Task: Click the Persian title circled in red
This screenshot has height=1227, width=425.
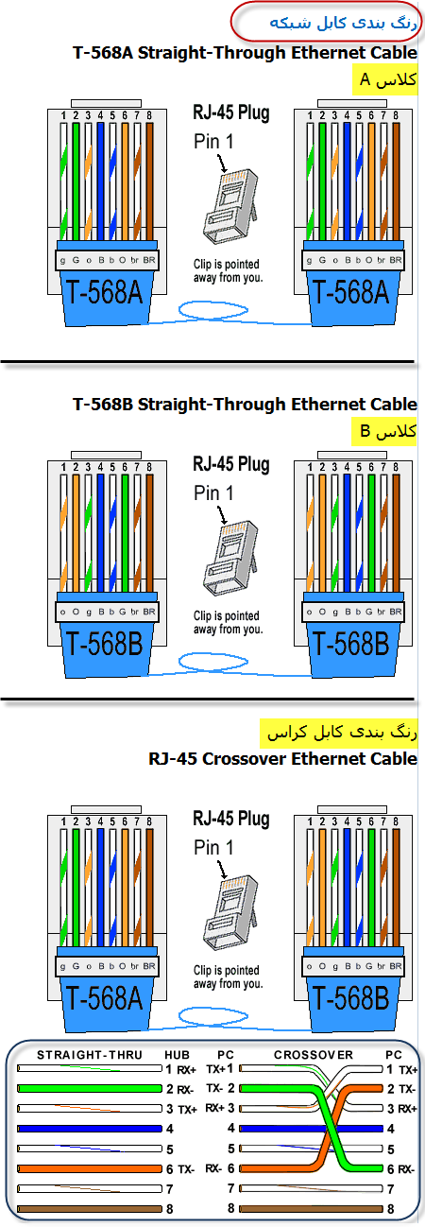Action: (x=343, y=23)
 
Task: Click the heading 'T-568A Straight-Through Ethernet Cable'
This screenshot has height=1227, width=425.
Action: (x=245, y=53)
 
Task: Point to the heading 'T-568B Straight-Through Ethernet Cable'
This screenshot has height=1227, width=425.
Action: (x=245, y=405)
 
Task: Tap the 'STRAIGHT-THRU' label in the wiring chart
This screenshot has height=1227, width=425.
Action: (x=90, y=1055)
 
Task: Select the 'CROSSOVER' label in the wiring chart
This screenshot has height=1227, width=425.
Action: (x=314, y=1055)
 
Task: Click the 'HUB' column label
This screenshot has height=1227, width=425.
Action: (x=178, y=1055)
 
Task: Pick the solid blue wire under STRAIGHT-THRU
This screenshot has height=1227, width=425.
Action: (x=90, y=1129)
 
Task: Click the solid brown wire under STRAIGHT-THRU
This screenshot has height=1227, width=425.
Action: (x=90, y=1208)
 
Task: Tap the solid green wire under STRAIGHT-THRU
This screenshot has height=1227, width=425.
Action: (x=90, y=1088)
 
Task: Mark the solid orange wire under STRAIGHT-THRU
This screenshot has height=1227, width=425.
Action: (x=90, y=1168)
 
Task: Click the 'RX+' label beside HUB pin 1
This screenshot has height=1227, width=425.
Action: (x=186, y=1070)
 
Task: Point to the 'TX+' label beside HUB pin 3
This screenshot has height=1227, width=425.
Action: (x=187, y=1109)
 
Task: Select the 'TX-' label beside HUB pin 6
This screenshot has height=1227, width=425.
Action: (x=186, y=1169)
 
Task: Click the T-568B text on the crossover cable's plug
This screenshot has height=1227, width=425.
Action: (x=350, y=997)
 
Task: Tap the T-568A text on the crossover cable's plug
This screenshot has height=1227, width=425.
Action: (x=104, y=997)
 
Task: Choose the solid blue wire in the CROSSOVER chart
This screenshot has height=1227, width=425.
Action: (x=312, y=1129)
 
